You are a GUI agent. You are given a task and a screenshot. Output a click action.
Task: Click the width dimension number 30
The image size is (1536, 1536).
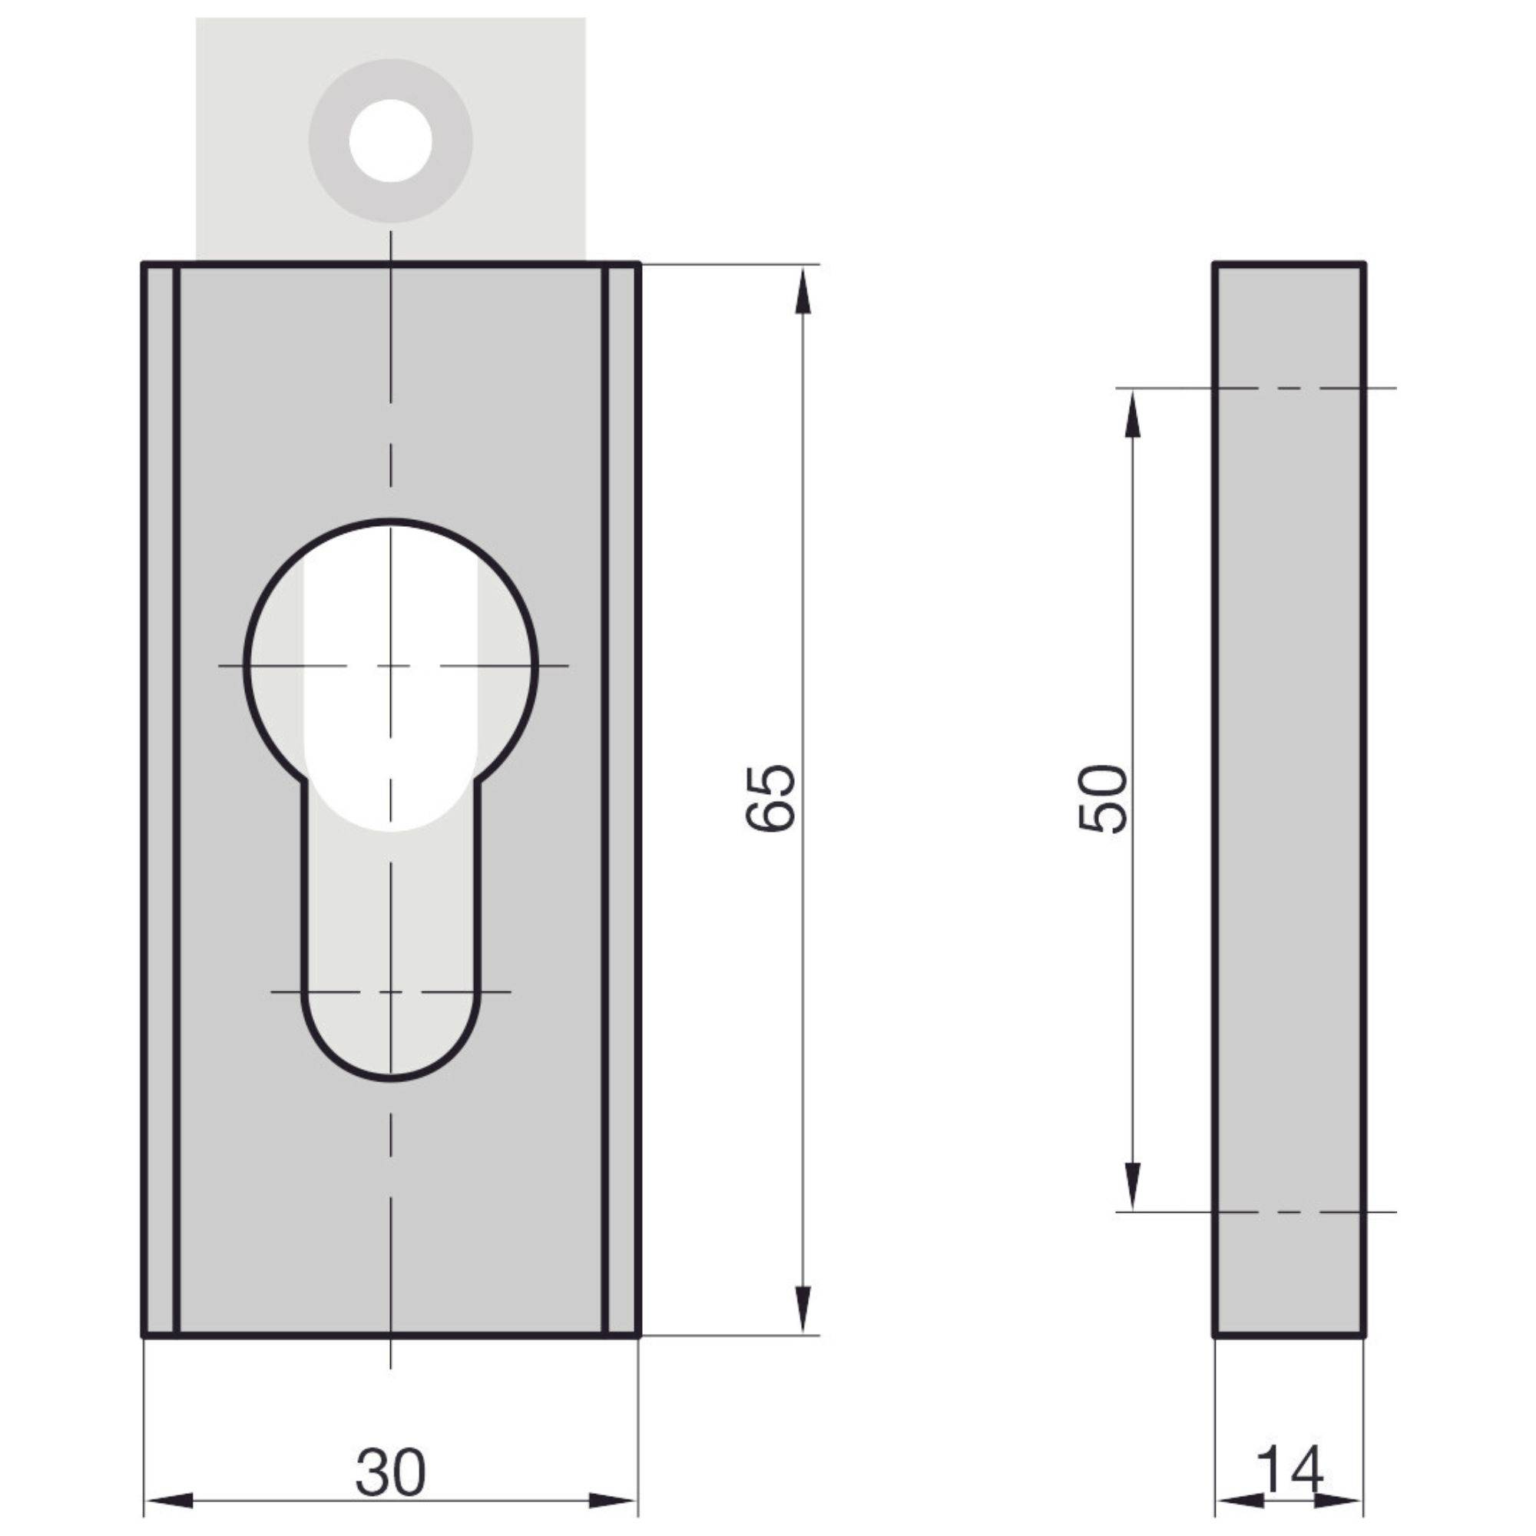[x=390, y=1471]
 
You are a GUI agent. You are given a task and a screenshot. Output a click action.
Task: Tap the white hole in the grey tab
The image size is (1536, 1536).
[x=390, y=141]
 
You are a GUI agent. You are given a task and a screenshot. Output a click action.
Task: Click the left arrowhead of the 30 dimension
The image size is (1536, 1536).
[x=168, y=1501]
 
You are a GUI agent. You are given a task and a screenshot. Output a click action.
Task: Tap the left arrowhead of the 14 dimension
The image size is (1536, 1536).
[x=1240, y=1501]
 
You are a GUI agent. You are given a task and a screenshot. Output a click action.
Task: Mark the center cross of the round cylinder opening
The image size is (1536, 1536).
[x=390, y=664]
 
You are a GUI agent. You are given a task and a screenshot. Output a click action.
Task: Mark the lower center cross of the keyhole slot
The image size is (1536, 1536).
[x=390, y=992]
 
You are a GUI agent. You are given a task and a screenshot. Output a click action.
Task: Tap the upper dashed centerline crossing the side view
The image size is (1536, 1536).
[x=1288, y=388]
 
